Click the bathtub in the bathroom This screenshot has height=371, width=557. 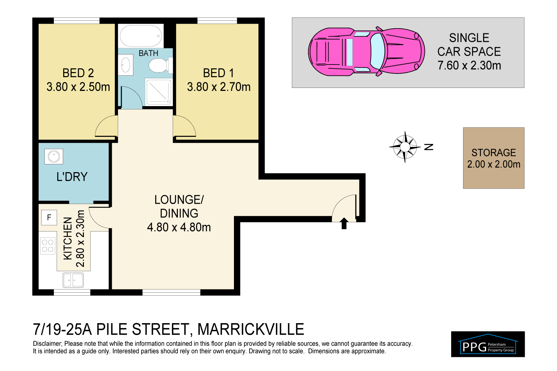[x=141, y=36]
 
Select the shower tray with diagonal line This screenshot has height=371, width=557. [x=159, y=92]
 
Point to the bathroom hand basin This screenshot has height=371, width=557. [x=126, y=65]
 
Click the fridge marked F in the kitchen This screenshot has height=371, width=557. [x=49, y=218]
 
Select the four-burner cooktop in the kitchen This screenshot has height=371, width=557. [x=48, y=246]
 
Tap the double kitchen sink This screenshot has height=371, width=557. [x=73, y=280]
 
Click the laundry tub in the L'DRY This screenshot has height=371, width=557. [x=54, y=157]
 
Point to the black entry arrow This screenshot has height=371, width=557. [x=344, y=223]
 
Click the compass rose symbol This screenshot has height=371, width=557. [x=405, y=147]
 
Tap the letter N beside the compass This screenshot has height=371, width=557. [x=429, y=147]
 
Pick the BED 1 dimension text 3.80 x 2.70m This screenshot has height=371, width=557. [x=219, y=87]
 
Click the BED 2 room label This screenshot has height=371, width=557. [x=78, y=73]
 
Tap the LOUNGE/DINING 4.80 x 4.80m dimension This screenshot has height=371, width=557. [x=179, y=227]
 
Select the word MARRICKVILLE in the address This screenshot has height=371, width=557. [x=251, y=329]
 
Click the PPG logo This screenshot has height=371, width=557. [x=488, y=344]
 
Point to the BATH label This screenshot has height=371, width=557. [x=149, y=53]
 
